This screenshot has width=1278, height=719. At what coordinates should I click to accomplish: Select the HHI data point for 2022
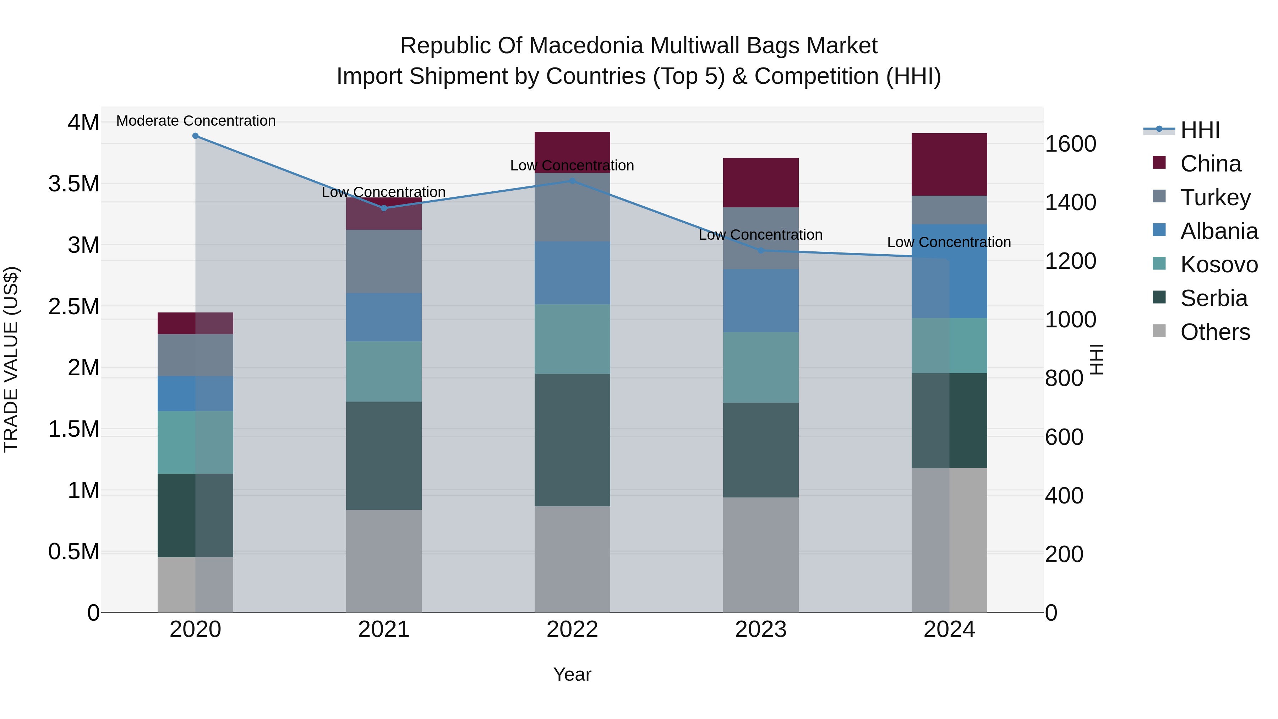pos(572,181)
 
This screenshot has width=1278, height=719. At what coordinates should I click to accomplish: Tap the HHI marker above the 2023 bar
pos(760,251)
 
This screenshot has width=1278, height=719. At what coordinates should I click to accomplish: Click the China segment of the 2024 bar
pos(949,164)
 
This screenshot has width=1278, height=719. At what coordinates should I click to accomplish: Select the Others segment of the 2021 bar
pos(383,561)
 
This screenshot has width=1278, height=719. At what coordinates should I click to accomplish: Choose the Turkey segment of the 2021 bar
pos(383,261)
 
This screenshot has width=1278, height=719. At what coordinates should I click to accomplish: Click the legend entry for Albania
pos(1218,231)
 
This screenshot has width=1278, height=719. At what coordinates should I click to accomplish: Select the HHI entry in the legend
pos(1200,130)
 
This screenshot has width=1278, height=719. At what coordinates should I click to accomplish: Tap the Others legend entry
pos(1214,332)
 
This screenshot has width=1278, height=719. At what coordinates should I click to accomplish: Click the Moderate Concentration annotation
pos(196,121)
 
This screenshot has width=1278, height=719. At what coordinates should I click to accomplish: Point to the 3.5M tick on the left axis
pos(74,184)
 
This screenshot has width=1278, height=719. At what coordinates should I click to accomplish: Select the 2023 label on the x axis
pos(760,630)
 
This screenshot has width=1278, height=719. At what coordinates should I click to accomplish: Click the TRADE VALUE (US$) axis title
pos(11,359)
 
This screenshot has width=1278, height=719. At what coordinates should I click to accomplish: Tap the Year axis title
pos(572,674)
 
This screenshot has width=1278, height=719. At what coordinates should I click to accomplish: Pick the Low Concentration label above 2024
pos(949,242)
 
